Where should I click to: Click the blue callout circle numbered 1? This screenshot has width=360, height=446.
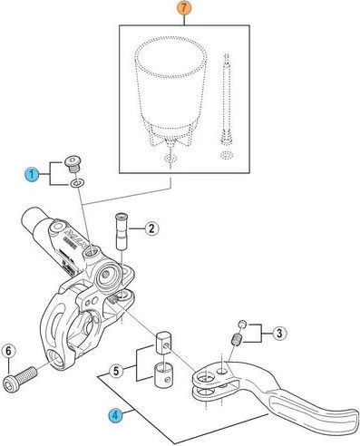(x=33, y=173)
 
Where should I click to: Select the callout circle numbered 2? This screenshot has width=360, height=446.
(x=152, y=228)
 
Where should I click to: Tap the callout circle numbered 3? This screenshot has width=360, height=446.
(x=280, y=333)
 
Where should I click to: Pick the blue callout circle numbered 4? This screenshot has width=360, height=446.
(x=114, y=416)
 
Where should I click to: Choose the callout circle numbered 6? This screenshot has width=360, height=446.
(x=8, y=350)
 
